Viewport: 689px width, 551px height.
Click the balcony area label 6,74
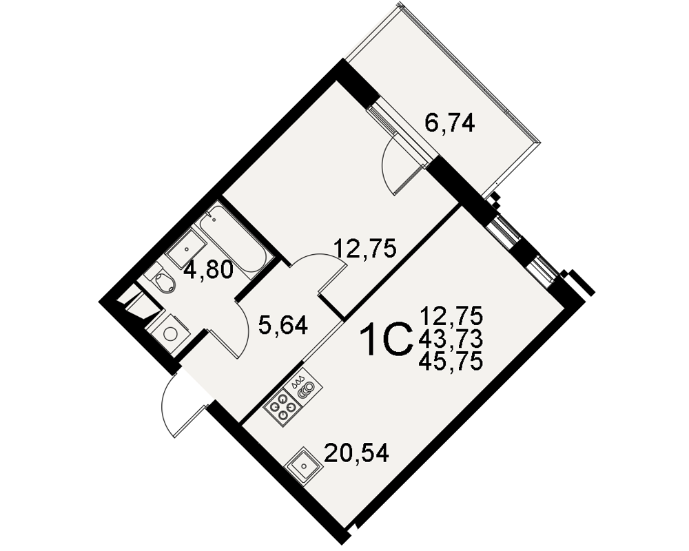[449, 123]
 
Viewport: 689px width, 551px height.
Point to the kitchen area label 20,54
[356, 453]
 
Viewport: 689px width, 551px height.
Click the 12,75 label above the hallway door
[365, 248]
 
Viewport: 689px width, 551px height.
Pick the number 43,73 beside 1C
[451, 339]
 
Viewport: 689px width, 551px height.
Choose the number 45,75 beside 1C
[451, 362]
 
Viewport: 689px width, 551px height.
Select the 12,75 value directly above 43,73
[451, 315]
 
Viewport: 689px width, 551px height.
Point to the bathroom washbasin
[186, 249]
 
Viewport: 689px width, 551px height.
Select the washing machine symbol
[169, 334]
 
